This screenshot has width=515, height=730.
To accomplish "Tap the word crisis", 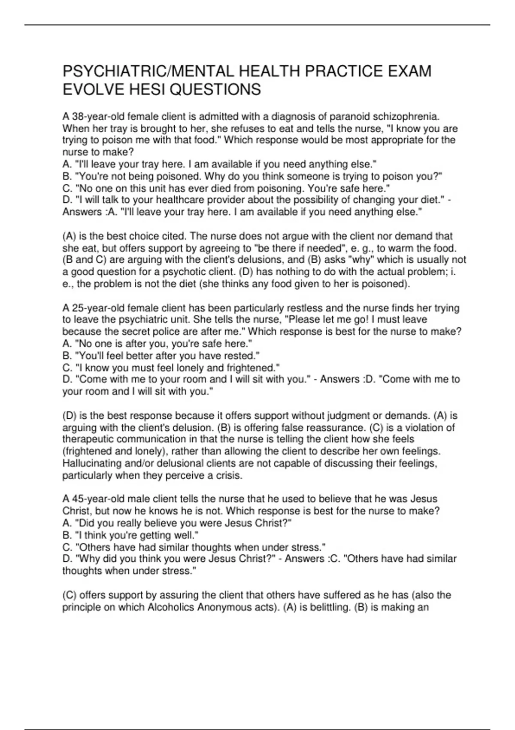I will (228, 475).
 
